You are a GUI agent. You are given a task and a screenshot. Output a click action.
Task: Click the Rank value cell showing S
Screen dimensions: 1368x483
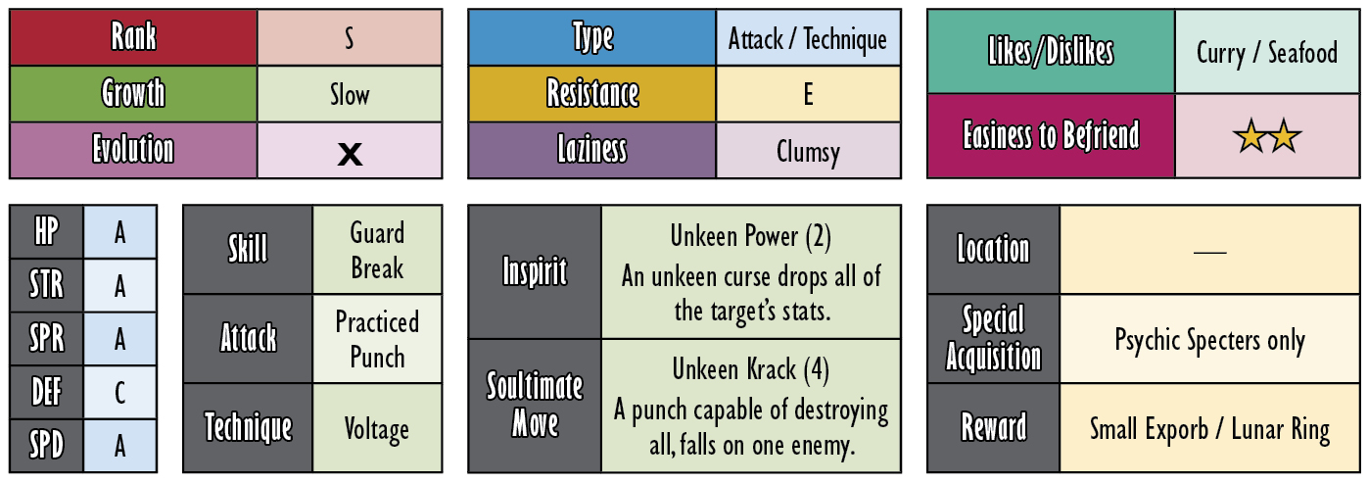pyautogui.click(x=350, y=37)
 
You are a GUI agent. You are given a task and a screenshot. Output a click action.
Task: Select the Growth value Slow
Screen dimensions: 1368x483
pyautogui.click(x=350, y=95)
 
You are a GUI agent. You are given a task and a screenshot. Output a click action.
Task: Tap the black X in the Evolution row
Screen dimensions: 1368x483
pyautogui.click(x=350, y=154)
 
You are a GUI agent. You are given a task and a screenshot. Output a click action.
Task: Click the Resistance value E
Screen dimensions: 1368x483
pyautogui.click(x=808, y=94)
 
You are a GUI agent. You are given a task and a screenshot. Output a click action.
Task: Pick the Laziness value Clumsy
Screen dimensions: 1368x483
pyautogui.click(x=808, y=152)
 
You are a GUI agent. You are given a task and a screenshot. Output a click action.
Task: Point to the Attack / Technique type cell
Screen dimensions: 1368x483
pyautogui.click(x=808, y=38)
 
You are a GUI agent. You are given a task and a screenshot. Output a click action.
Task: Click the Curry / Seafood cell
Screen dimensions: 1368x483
pyautogui.click(x=1267, y=51)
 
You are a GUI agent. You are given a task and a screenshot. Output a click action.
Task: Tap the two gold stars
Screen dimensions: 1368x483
pyautogui.click(x=1267, y=136)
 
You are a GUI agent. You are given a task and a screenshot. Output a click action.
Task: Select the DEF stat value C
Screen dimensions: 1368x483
pyautogui.click(x=119, y=393)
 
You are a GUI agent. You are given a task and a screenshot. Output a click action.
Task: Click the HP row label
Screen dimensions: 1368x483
pyautogui.click(x=46, y=232)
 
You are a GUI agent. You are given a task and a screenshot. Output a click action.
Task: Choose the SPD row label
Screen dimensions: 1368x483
pyautogui.click(x=46, y=445)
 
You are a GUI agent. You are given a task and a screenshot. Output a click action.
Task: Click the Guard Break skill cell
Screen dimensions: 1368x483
pyautogui.click(x=377, y=250)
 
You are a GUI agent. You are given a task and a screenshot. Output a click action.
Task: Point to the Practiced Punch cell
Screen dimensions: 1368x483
pyautogui.click(x=377, y=339)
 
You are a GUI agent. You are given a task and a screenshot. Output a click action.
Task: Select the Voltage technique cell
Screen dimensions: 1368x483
pyautogui.click(x=377, y=428)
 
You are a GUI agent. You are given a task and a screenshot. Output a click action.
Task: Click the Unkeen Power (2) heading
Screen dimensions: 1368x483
pyautogui.click(x=750, y=236)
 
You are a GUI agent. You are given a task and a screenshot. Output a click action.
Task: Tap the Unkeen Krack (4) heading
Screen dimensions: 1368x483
pyautogui.click(x=750, y=369)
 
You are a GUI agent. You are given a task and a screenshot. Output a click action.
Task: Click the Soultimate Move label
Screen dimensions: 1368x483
pyautogui.click(x=535, y=405)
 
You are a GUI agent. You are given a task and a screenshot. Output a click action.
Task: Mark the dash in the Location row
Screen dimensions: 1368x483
pyautogui.click(x=1209, y=251)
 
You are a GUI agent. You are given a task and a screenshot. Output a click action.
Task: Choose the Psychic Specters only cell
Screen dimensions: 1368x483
pyautogui.click(x=1209, y=339)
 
